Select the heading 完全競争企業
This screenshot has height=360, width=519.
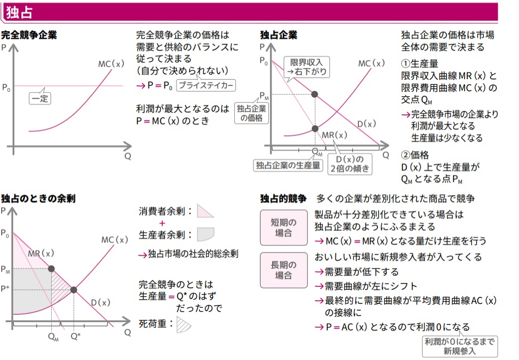click(x=29, y=35)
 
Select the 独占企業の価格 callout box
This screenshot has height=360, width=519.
click(x=251, y=113)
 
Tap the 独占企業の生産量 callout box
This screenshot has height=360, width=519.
click(x=288, y=164)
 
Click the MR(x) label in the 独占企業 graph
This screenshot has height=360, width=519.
click(x=334, y=135)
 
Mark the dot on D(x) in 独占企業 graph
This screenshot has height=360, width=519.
click(x=315, y=94)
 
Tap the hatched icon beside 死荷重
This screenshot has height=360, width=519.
click(x=184, y=324)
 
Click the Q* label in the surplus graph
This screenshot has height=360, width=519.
click(x=75, y=335)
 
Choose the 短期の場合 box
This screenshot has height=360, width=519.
click(x=283, y=228)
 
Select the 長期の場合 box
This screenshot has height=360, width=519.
click(x=283, y=270)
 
